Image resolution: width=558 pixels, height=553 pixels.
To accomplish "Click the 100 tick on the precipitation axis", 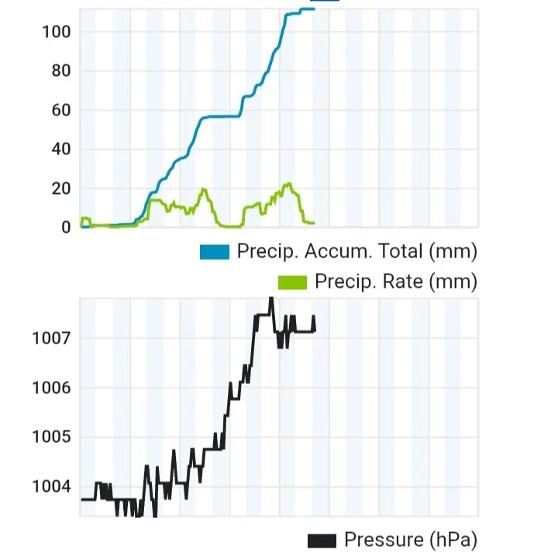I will (x=57, y=32).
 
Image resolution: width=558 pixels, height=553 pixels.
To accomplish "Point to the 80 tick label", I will (x=57, y=71).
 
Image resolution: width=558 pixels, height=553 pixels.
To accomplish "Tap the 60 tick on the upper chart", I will (x=57, y=110).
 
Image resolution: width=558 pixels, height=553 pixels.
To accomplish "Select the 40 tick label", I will (x=57, y=150).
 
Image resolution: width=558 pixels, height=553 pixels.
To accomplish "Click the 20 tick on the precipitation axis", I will (x=57, y=188).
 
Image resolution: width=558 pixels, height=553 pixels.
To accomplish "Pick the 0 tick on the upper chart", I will (x=65, y=227).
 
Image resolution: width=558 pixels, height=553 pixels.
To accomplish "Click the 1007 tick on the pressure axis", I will (x=51, y=338).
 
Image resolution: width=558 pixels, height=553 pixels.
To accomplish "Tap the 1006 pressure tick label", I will (x=51, y=388).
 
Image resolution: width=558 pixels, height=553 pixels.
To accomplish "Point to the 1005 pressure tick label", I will (x=51, y=437).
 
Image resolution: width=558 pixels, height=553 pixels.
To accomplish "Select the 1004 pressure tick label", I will (x=51, y=487).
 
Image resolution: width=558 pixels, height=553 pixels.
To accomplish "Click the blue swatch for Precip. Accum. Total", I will (x=215, y=252).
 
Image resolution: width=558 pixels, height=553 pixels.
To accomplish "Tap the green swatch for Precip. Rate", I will (x=293, y=281).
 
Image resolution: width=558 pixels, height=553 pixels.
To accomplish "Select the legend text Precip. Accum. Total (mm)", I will (x=356, y=252).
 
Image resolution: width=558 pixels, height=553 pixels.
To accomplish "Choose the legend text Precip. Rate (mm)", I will (x=395, y=281).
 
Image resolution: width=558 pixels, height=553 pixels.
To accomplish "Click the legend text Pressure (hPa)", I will (x=410, y=540).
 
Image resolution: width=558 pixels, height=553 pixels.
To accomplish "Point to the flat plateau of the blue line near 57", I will (x=221, y=116).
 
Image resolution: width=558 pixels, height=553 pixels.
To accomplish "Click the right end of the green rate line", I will (x=313, y=223).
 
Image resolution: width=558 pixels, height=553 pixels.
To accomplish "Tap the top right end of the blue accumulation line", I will (x=314, y=9).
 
